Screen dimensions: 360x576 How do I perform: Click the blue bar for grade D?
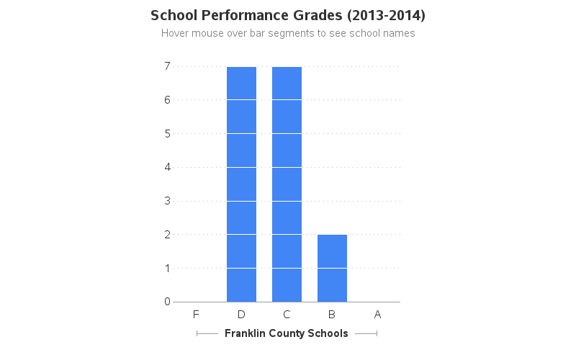click(x=241, y=184)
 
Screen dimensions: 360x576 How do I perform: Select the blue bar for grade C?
click(x=287, y=184)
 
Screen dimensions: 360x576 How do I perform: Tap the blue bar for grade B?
click(x=332, y=268)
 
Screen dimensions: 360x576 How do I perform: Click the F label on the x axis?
click(x=196, y=314)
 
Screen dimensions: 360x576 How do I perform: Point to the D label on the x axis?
click(x=241, y=314)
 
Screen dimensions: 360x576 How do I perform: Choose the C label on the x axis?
click(x=287, y=314)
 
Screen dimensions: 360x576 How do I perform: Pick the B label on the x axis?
click(x=332, y=314)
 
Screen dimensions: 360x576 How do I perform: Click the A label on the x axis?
click(x=377, y=314)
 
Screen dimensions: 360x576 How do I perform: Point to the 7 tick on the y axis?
click(x=167, y=66)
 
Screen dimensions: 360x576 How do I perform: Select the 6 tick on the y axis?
click(x=167, y=100)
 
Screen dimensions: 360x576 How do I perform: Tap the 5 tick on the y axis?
click(x=167, y=133)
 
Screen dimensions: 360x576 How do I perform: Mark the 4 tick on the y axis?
click(x=167, y=167)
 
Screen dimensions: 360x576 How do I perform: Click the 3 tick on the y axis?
click(x=167, y=201)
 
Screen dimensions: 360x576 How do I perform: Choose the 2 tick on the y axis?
click(x=167, y=234)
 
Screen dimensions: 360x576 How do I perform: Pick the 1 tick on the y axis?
click(x=167, y=268)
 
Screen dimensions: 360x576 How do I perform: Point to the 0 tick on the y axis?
click(x=167, y=302)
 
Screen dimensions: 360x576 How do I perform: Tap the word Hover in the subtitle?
click(x=175, y=33)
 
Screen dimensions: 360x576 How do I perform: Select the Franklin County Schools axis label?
click(x=287, y=333)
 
